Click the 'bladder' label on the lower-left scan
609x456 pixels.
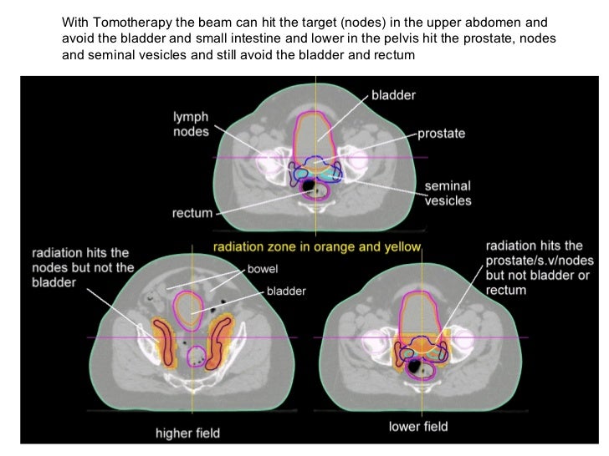(287, 291)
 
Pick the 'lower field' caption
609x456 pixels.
(418, 428)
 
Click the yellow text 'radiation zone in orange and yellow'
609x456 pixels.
(318, 247)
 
